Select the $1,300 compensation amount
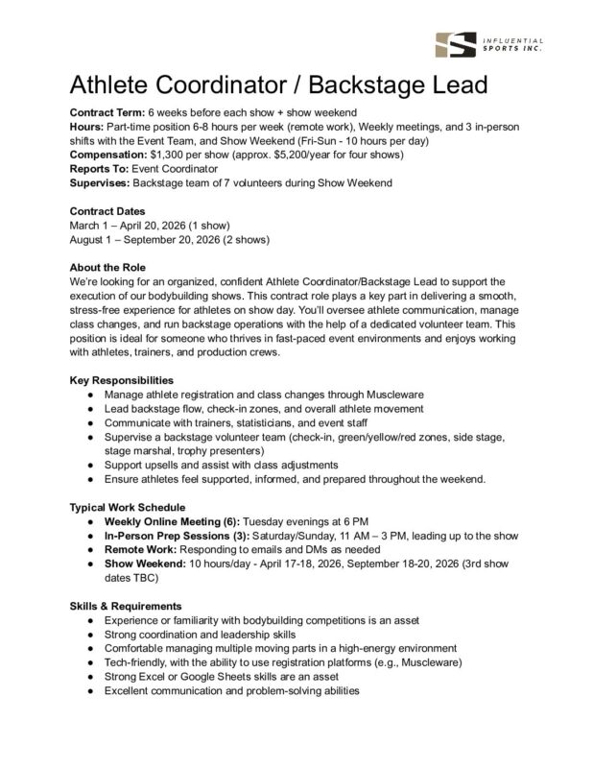coord(171,154)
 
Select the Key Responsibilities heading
coord(122,380)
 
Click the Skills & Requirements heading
coord(126,607)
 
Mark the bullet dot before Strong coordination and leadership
coord(89,636)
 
